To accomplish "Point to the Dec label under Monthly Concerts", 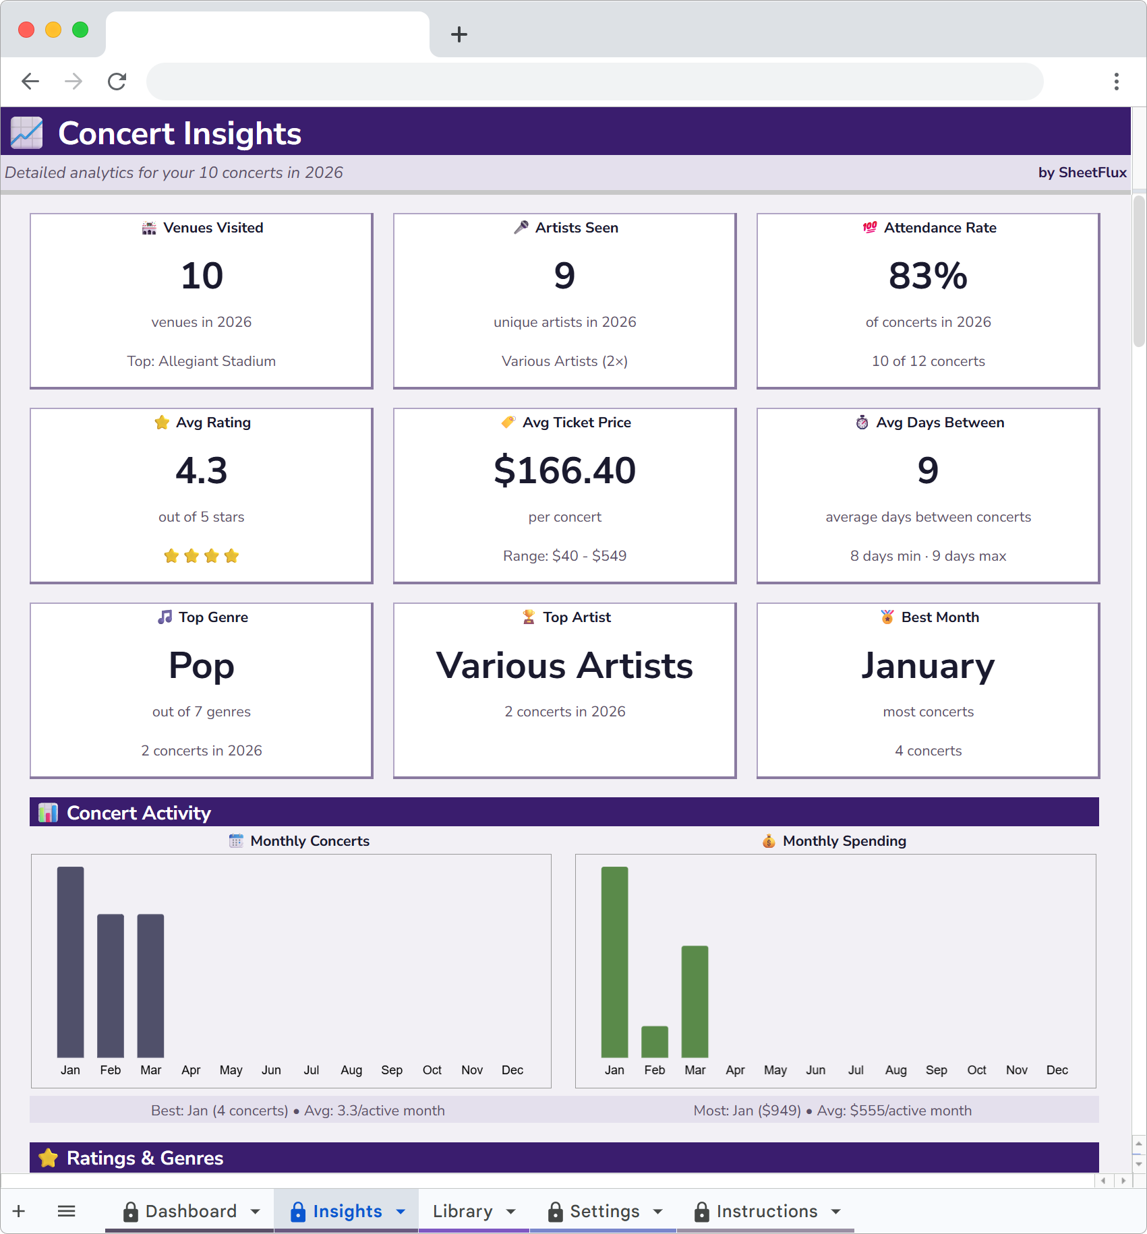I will [512, 1070].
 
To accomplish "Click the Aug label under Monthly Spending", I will [895, 1070].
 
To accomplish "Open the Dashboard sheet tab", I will [191, 1211].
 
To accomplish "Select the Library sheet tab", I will [463, 1211].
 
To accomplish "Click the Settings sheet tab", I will [604, 1211].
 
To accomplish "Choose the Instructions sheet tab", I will [766, 1211].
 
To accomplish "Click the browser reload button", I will [117, 82].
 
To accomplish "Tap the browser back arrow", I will [30, 82].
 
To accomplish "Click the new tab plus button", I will [459, 34].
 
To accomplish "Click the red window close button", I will [26, 30].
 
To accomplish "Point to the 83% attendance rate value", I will [928, 276].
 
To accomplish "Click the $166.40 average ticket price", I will [564, 470].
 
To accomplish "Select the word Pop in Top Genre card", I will [202, 666].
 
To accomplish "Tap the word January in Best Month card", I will [928, 666].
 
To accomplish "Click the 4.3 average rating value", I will [202, 470].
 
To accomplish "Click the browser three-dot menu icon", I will [1117, 82].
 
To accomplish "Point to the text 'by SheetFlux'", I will [1082, 173].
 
